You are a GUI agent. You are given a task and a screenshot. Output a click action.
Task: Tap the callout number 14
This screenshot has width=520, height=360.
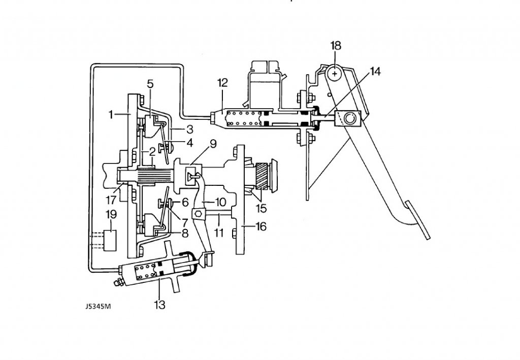(375, 71)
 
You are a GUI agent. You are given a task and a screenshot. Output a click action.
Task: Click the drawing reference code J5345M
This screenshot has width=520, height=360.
(98, 306)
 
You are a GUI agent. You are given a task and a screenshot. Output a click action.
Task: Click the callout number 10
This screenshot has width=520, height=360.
(220, 202)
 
